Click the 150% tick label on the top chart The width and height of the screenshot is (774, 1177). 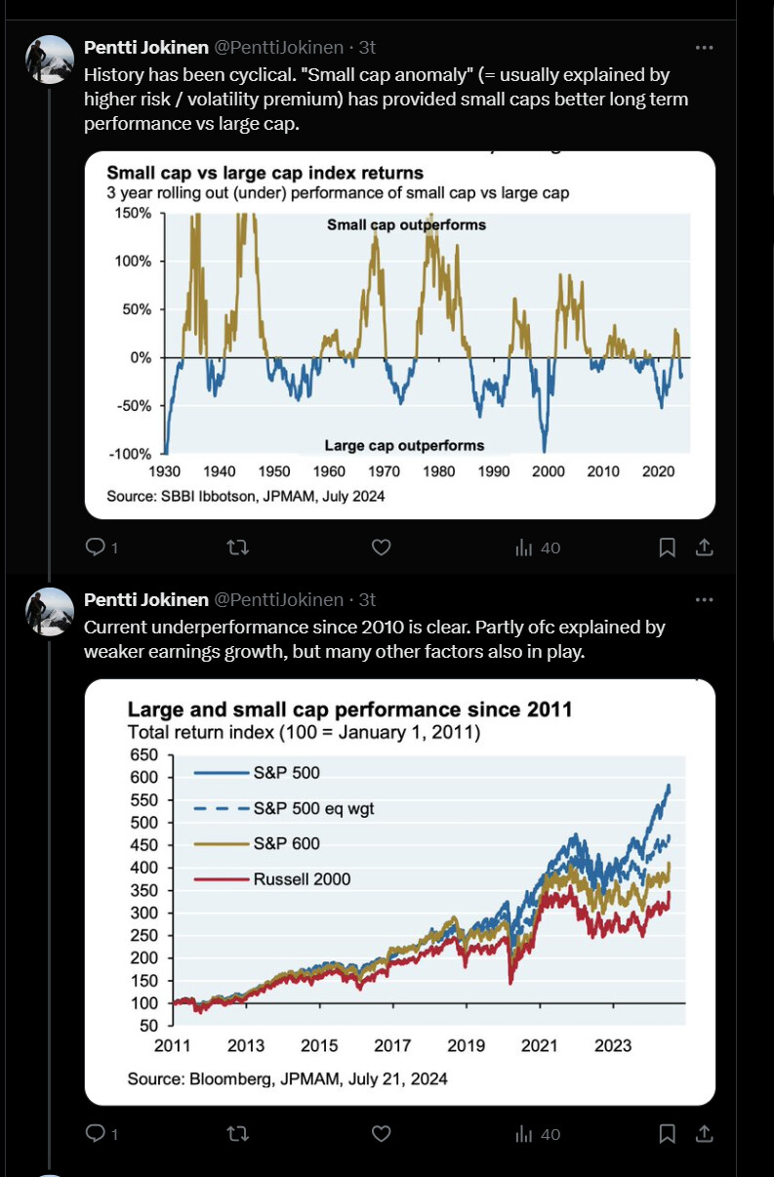coord(133,214)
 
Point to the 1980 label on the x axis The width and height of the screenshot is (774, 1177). coord(439,471)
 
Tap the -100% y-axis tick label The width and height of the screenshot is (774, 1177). coord(130,454)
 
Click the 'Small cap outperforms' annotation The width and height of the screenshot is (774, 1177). coord(406,224)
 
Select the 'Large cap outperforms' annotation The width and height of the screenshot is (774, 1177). coord(404,446)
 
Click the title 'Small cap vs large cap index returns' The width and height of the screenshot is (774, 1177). coord(265,173)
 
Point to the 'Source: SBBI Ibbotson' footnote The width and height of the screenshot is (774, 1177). coord(245,497)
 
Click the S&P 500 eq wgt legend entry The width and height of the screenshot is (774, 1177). coord(284,809)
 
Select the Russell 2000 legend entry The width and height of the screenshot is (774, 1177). coord(271,879)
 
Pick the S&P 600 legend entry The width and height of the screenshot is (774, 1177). coord(257,844)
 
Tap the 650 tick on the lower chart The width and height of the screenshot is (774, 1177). coord(144,755)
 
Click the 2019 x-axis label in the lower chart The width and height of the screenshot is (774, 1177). coord(467,1045)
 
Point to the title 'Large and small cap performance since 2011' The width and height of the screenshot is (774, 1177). coord(349,710)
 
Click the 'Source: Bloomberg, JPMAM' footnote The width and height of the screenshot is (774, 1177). coord(287,1078)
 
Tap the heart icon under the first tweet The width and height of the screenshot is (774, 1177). coord(381,548)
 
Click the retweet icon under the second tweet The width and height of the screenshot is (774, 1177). coord(237,1134)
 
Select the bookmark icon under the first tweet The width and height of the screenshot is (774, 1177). coord(667,548)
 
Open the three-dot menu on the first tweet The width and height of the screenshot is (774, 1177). coord(704,48)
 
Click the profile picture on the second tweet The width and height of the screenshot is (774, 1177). coord(50,612)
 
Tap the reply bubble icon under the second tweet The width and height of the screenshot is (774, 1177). coord(95,1134)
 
